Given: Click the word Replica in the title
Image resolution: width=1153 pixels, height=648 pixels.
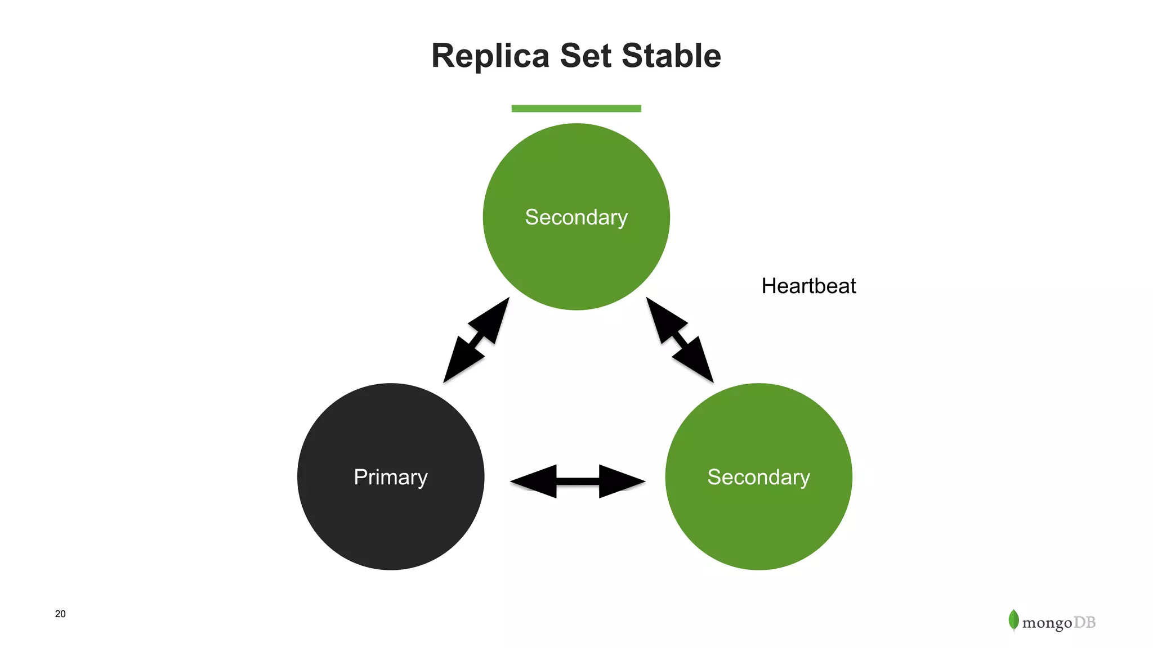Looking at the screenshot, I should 490,56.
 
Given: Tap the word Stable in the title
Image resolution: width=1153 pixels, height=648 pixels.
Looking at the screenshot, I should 671,56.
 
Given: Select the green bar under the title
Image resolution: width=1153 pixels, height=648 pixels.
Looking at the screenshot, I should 576,109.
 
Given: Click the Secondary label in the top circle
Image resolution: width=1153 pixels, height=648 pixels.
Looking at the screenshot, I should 576,217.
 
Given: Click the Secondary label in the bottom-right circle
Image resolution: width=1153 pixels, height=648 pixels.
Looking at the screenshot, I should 758,477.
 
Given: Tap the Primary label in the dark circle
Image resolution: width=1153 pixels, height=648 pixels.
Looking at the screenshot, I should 390,477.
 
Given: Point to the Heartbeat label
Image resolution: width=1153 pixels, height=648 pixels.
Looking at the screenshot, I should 808,286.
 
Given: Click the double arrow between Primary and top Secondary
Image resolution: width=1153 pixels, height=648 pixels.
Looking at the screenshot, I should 476,340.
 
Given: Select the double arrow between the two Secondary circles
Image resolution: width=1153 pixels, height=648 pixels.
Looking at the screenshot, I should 680,340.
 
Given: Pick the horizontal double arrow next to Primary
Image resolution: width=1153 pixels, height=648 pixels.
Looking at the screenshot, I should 578,481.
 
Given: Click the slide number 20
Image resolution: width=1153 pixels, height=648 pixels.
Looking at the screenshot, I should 60,614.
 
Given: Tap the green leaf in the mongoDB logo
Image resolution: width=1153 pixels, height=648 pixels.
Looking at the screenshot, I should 1013,620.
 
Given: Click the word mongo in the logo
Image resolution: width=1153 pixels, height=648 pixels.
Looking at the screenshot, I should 1047,623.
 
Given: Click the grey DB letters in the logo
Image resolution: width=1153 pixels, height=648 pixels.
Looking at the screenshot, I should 1084,622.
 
